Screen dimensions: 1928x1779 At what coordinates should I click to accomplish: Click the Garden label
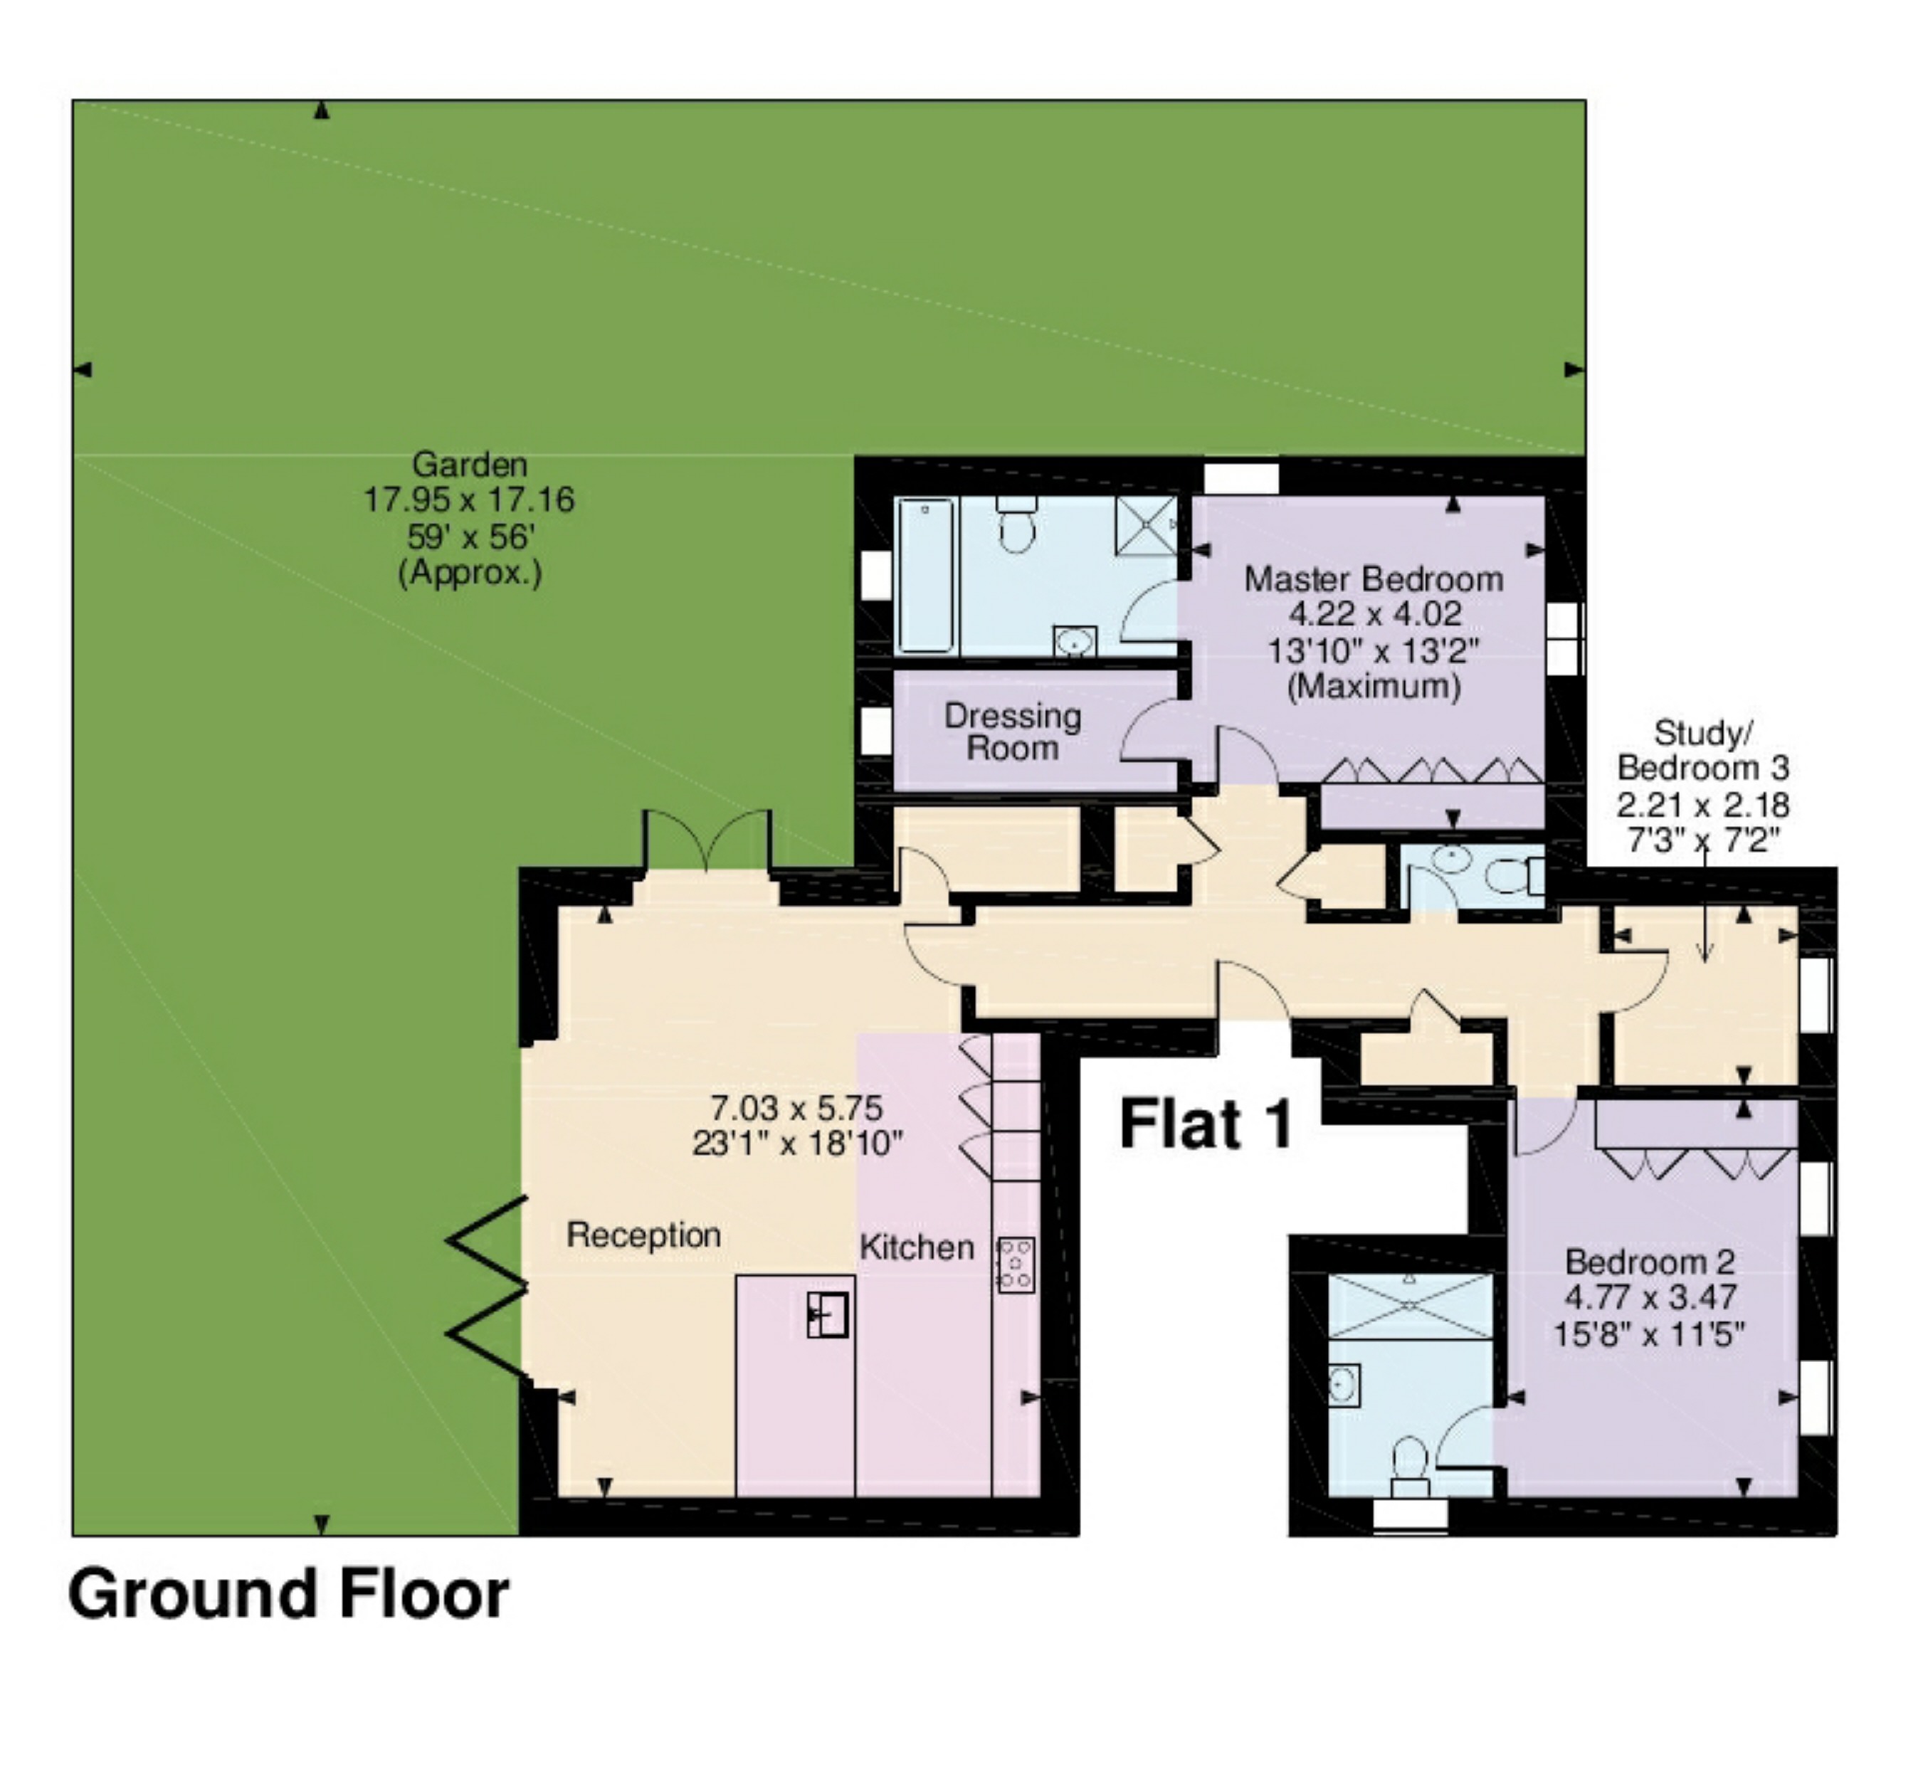click(x=470, y=465)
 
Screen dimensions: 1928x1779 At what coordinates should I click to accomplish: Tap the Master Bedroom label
click(x=1374, y=579)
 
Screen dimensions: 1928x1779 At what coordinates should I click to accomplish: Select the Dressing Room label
click(x=1013, y=732)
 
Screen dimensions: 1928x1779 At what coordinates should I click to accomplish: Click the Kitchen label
click(x=917, y=1247)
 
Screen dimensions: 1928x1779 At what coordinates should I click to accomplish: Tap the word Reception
click(x=643, y=1235)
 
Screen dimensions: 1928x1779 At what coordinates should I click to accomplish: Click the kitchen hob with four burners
click(x=1016, y=1264)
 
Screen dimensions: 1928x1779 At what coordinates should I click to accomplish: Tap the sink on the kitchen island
click(x=827, y=1315)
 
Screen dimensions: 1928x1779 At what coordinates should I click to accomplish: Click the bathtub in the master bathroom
click(x=926, y=576)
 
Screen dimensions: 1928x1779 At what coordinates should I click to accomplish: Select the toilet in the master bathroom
click(x=1016, y=524)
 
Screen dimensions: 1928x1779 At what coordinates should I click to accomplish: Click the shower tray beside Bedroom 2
click(x=1410, y=1305)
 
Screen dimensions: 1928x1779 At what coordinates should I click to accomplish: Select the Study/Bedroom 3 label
click(x=1703, y=751)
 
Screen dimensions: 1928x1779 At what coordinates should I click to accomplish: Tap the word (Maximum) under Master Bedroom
click(x=1374, y=687)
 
